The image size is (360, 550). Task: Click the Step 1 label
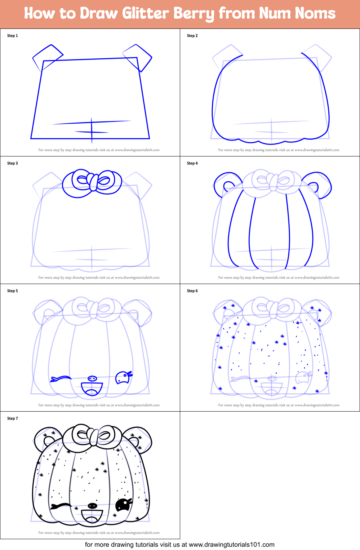(x=12, y=36)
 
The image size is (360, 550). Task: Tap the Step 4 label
(x=192, y=163)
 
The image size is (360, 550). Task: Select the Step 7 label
(x=12, y=418)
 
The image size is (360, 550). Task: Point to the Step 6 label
(x=192, y=291)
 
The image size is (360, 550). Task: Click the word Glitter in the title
(x=145, y=13)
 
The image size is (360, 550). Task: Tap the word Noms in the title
(x=315, y=13)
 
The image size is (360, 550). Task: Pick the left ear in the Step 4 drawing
(x=227, y=184)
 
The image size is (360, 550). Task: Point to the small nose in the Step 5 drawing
(x=92, y=378)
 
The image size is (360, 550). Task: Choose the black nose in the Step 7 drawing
(x=92, y=506)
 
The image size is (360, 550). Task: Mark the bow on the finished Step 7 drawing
(x=93, y=436)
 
